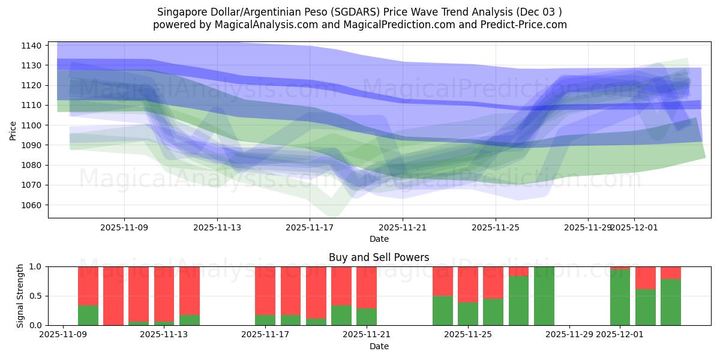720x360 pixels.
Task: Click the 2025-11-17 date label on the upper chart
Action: [x=310, y=227]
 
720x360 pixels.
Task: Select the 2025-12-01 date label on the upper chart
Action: [x=634, y=227]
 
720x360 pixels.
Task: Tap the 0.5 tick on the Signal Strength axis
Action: [x=35, y=296]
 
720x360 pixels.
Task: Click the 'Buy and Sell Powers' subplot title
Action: [x=379, y=257]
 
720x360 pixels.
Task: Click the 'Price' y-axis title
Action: [x=13, y=130]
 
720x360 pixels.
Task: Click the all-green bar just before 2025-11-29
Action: [x=544, y=296]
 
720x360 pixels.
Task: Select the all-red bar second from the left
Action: [x=113, y=296]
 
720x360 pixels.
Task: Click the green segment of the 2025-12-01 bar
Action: [x=620, y=298]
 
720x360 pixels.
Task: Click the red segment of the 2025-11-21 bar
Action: [x=367, y=287]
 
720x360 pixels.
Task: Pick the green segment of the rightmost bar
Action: [x=671, y=302]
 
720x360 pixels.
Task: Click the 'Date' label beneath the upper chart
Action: [x=379, y=239]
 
